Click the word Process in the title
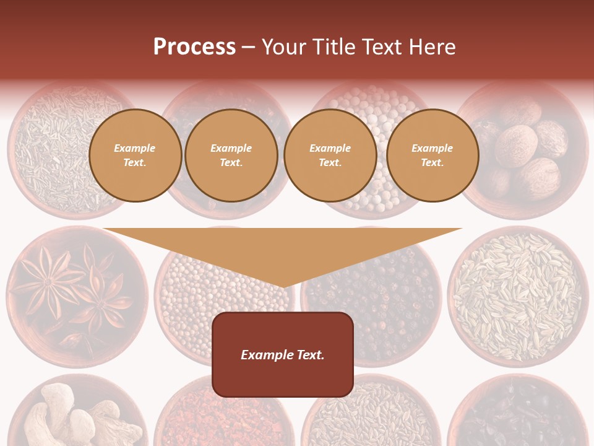(x=194, y=47)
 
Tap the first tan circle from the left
(x=135, y=155)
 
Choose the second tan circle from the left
(x=231, y=155)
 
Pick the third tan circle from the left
(x=330, y=155)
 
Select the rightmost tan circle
(x=433, y=155)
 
